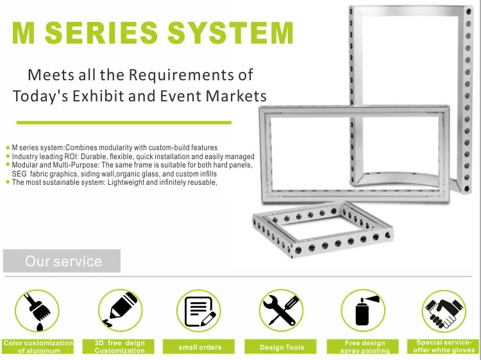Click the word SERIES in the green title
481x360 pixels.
(x=101, y=33)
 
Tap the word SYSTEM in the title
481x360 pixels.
(x=231, y=33)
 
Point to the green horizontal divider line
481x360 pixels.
(x=124, y=123)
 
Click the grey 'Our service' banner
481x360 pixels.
(x=62, y=261)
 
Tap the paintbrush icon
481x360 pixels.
(x=37, y=311)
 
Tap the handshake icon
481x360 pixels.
(x=444, y=311)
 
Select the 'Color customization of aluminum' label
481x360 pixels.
(x=38, y=347)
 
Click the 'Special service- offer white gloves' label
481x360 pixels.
(x=443, y=347)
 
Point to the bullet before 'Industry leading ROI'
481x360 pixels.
(x=8, y=157)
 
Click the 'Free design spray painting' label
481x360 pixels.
(x=362, y=347)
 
